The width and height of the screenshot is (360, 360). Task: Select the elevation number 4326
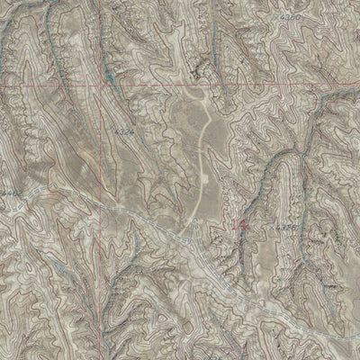(x=287, y=229)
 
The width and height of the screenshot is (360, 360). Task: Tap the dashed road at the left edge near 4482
(x=3, y=200)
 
